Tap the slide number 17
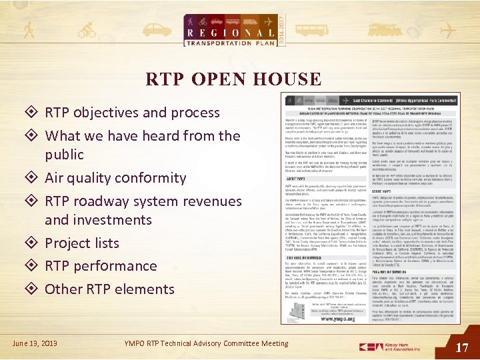(462, 347)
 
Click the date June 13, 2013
(35, 343)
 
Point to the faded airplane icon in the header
(447, 31)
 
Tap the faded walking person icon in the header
(29, 30)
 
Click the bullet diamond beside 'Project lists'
(32, 243)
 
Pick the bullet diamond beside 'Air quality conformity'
(32, 178)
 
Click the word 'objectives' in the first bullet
(106, 113)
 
